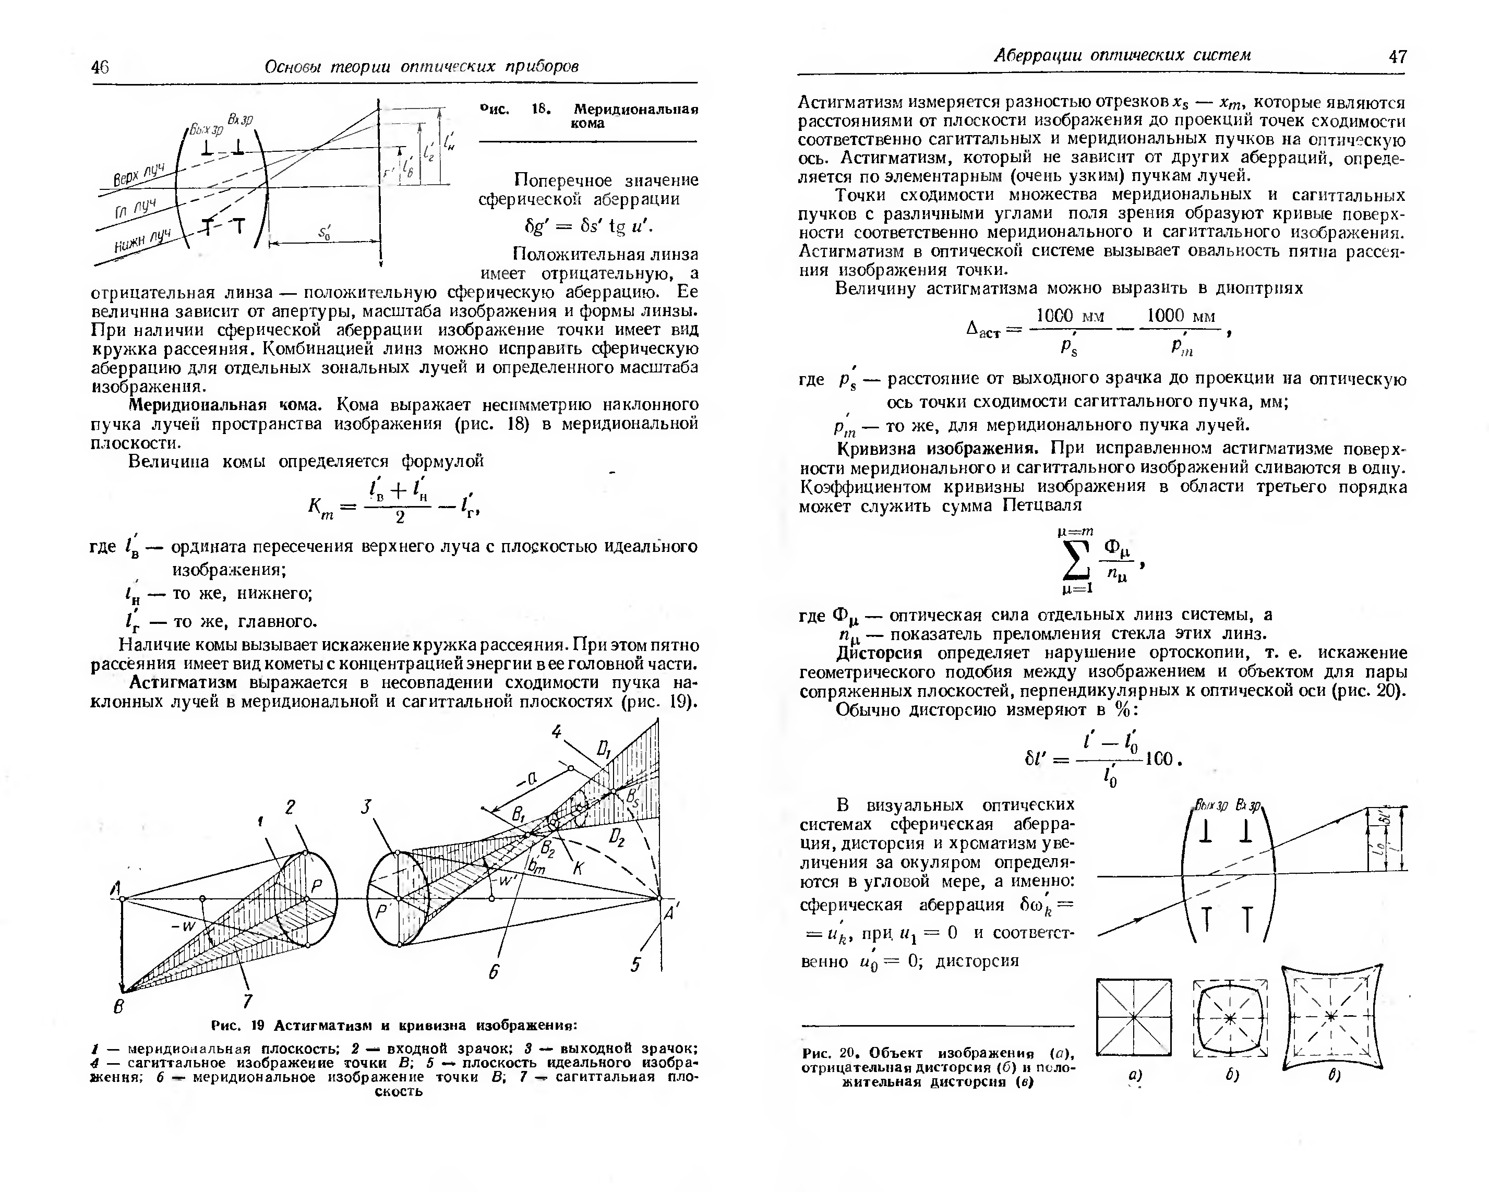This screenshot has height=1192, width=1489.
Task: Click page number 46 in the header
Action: tap(100, 67)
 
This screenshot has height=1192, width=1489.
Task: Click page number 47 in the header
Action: tap(1397, 57)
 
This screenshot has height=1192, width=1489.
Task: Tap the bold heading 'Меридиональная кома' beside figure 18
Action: tap(635, 116)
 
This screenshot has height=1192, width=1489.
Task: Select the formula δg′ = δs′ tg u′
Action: tap(589, 227)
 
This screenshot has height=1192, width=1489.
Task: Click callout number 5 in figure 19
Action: tap(635, 964)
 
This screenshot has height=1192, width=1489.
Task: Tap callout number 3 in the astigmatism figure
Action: tap(367, 806)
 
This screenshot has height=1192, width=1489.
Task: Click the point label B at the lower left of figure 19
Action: tap(119, 1006)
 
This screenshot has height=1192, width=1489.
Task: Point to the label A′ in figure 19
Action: tap(670, 912)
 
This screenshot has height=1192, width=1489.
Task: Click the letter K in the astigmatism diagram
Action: tap(579, 868)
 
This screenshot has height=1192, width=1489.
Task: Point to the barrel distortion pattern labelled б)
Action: tap(1231, 1018)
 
